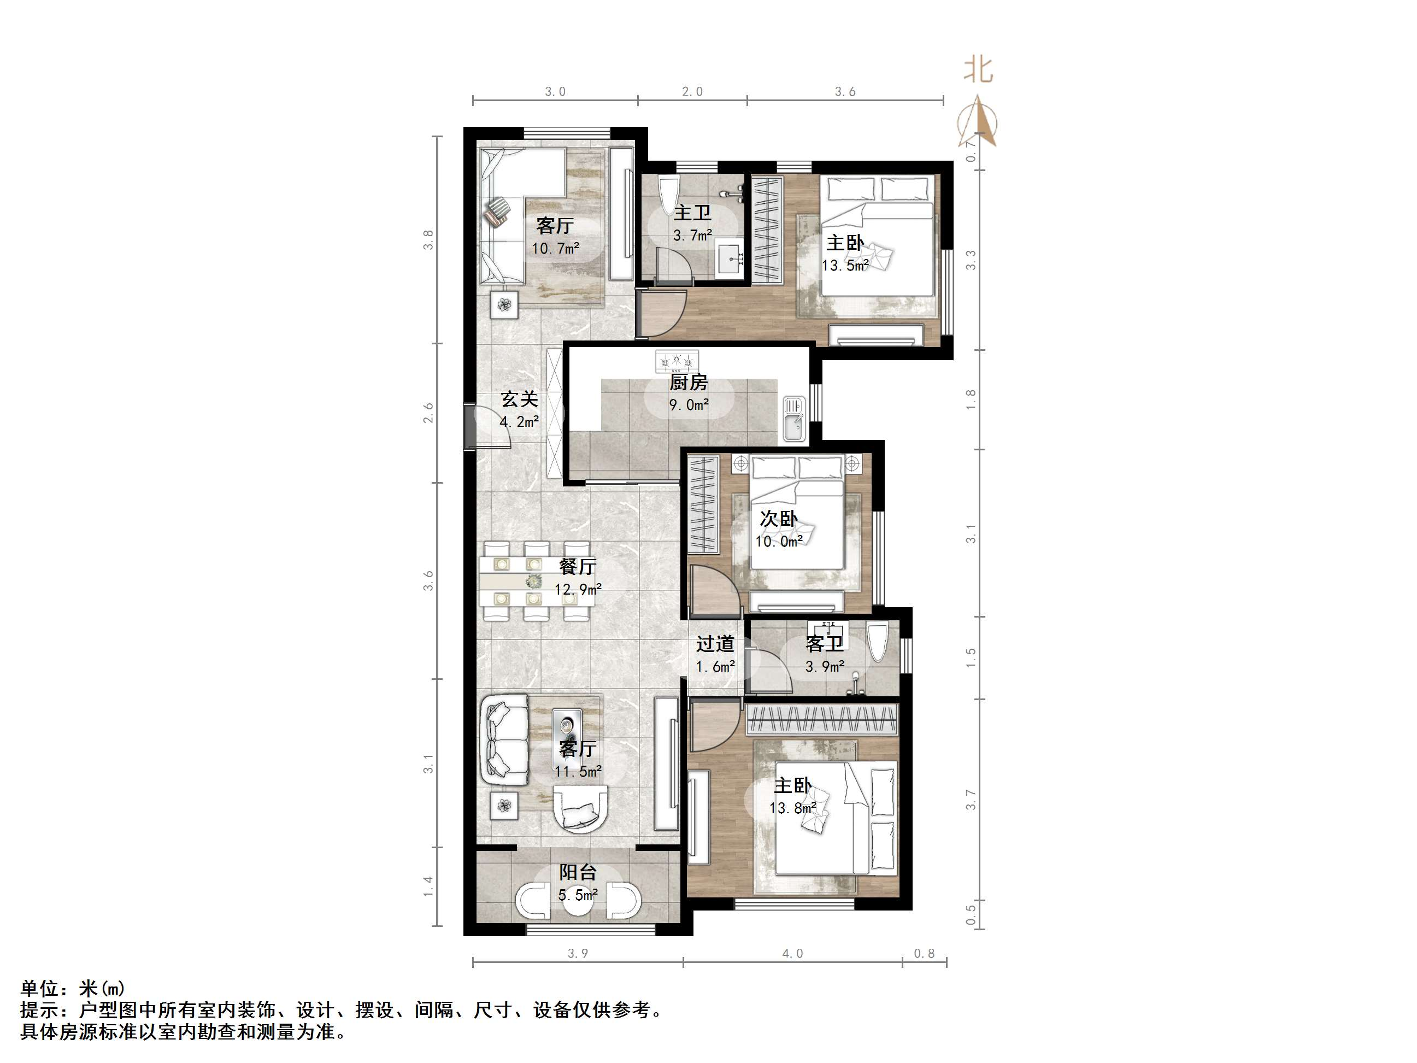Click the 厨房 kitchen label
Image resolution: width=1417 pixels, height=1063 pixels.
(x=689, y=383)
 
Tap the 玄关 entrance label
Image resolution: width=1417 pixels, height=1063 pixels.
(x=519, y=399)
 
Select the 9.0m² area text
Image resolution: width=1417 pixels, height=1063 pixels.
(x=689, y=405)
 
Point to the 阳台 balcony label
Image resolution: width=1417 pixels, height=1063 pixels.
(x=578, y=872)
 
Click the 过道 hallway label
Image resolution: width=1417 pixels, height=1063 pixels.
(x=715, y=643)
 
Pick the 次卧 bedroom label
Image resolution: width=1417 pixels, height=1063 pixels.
(x=778, y=518)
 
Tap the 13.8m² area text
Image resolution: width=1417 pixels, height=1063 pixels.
(x=792, y=808)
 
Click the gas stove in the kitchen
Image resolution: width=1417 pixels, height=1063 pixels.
(x=677, y=361)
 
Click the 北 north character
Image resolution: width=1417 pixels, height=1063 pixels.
(x=979, y=70)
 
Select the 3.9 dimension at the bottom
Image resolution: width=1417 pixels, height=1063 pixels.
(x=577, y=954)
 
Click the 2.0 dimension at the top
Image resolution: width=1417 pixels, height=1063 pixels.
(x=692, y=92)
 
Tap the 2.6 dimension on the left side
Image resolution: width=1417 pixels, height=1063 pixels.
(x=428, y=413)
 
